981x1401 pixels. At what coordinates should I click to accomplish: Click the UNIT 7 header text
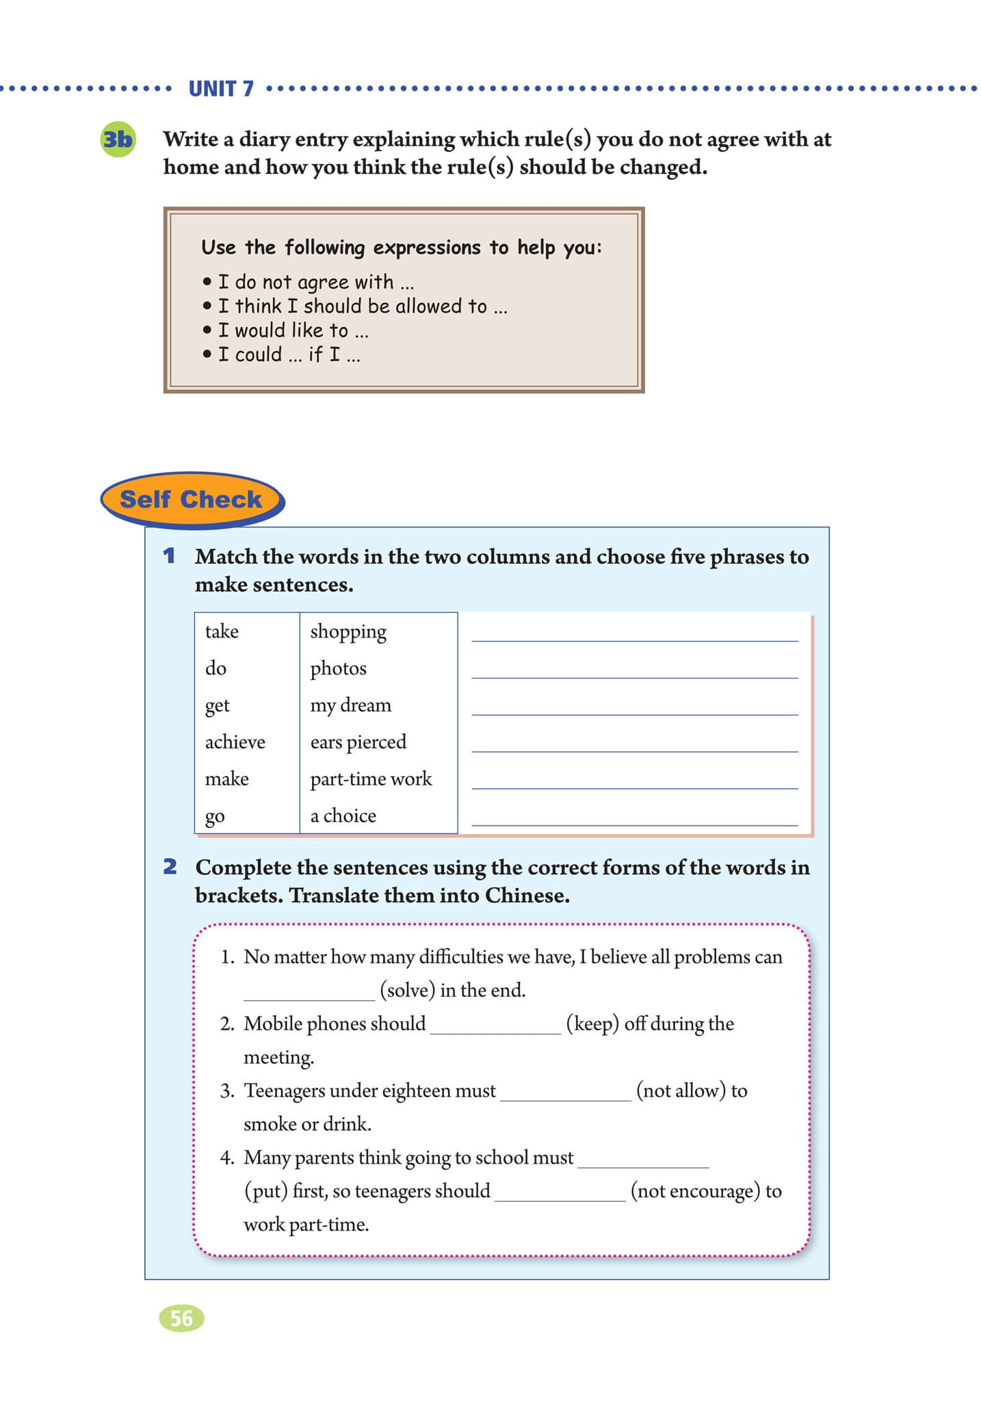click(x=220, y=89)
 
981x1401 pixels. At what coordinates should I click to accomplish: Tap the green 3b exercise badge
click(x=118, y=140)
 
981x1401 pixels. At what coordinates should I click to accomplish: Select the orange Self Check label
click(x=191, y=499)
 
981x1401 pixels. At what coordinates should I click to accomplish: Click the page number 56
click(x=181, y=1318)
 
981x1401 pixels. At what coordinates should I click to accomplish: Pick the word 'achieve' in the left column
click(x=235, y=742)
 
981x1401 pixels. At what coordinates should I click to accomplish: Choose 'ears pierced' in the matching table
click(x=358, y=742)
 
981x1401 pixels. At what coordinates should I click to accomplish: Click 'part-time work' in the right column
click(x=371, y=779)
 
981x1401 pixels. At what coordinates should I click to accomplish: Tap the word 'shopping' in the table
click(x=348, y=631)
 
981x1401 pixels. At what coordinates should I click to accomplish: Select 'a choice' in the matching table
click(x=343, y=816)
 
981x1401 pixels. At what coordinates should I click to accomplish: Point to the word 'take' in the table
click(x=222, y=631)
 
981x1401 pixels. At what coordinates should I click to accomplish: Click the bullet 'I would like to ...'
click(x=293, y=331)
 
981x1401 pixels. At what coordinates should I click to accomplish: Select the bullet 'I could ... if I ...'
click(x=289, y=355)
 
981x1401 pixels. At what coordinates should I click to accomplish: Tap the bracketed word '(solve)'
click(x=407, y=991)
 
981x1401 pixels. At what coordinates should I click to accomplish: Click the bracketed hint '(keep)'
click(x=592, y=1024)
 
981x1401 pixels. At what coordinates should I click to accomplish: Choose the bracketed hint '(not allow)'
click(x=681, y=1091)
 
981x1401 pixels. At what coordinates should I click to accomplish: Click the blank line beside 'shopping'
click(x=634, y=633)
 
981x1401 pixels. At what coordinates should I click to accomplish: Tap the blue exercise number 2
click(x=170, y=867)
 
